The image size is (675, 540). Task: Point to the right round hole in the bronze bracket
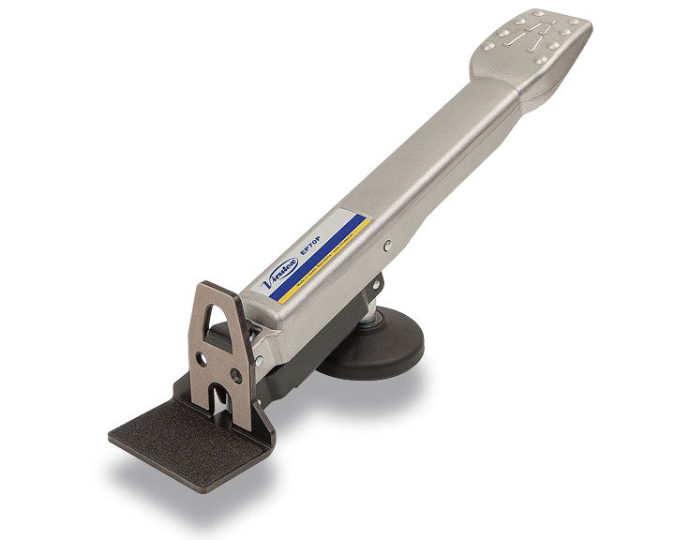click(x=235, y=376)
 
